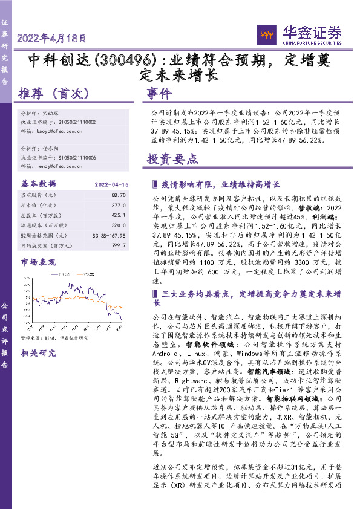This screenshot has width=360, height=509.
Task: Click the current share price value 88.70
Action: click(119, 196)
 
